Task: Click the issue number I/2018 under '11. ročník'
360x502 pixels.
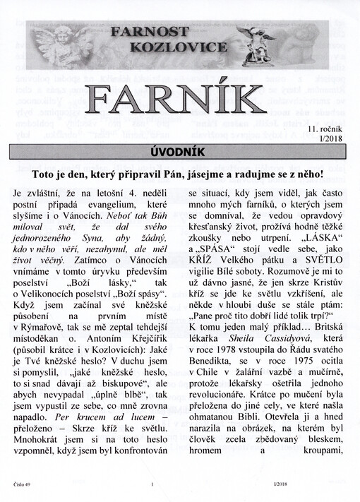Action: [334, 139]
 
